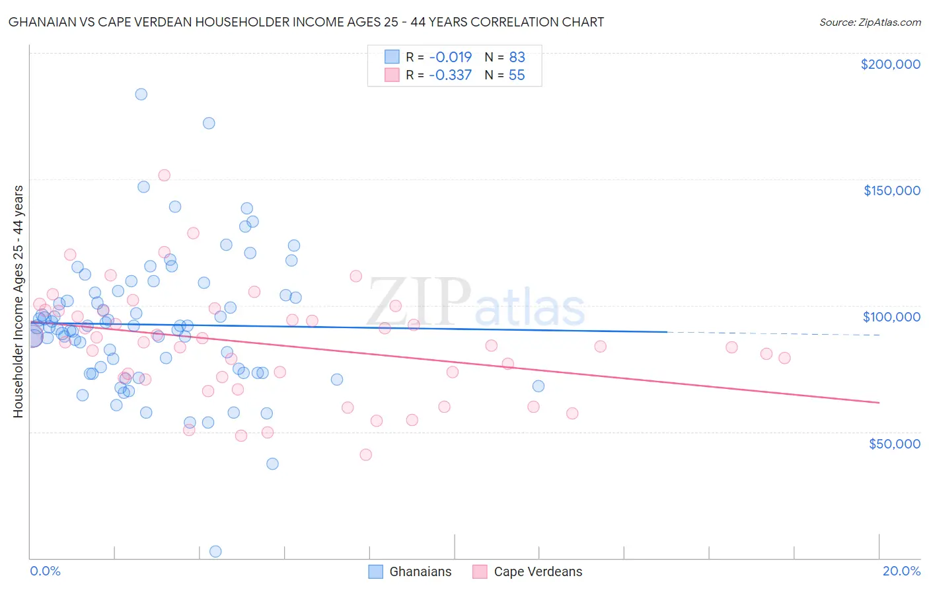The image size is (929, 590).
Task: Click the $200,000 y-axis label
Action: tap(890, 64)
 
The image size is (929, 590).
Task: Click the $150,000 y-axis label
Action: tap(891, 190)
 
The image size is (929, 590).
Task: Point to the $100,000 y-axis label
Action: tap(891, 317)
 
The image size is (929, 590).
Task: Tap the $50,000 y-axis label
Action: tap(894, 443)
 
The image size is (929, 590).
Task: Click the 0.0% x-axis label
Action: tap(45, 571)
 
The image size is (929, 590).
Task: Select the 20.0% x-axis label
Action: tap(901, 571)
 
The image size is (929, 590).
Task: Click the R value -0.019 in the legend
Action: tap(450, 57)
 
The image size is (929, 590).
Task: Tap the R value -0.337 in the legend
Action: tap(450, 75)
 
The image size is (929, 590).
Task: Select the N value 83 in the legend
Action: tap(517, 57)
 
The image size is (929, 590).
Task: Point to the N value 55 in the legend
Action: tap(517, 75)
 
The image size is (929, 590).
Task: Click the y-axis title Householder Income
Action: tap(18, 301)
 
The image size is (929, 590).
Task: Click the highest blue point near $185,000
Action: tap(141, 94)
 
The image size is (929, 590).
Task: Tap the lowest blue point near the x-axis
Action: tap(215, 551)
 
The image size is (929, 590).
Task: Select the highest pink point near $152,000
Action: tap(164, 175)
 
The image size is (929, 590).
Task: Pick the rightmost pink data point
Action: tap(784, 358)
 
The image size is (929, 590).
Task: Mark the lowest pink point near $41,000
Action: tap(365, 454)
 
